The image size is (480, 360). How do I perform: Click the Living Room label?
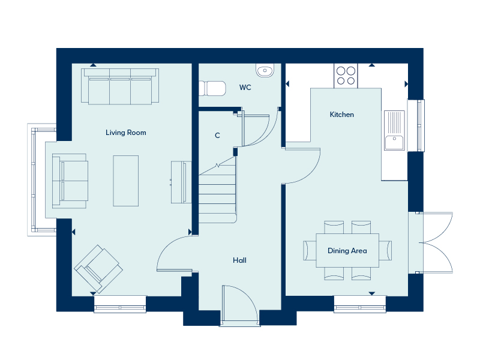tap(126, 133)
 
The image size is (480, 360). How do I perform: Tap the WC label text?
tap(245, 88)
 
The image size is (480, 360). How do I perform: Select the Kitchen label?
tap(341, 115)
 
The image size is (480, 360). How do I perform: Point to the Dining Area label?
tap(347, 251)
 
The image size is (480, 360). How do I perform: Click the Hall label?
tap(239, 260)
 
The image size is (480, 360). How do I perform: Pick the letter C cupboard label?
tap(217, 136)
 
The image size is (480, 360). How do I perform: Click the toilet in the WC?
tap(212, 88)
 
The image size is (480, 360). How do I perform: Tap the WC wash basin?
tap(265, 71)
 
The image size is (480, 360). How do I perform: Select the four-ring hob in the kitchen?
tap(346, 76)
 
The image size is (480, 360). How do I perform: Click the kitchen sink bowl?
tap(394, 143)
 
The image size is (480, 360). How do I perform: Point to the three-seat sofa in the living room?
tap(120, 86)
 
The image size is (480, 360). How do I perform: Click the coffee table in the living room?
tap(126, 181)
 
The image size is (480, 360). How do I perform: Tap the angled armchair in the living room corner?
tap(98, 269)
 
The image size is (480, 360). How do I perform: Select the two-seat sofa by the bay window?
tap(70, 181)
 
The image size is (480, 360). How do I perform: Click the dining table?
tap(347, 250)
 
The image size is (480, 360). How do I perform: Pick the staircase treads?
tap(217, 196)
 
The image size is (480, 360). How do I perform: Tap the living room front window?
tap(120, 304)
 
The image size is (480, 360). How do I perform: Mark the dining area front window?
tap(360, 304)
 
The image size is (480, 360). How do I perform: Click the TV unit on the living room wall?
tap(181, 182)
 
